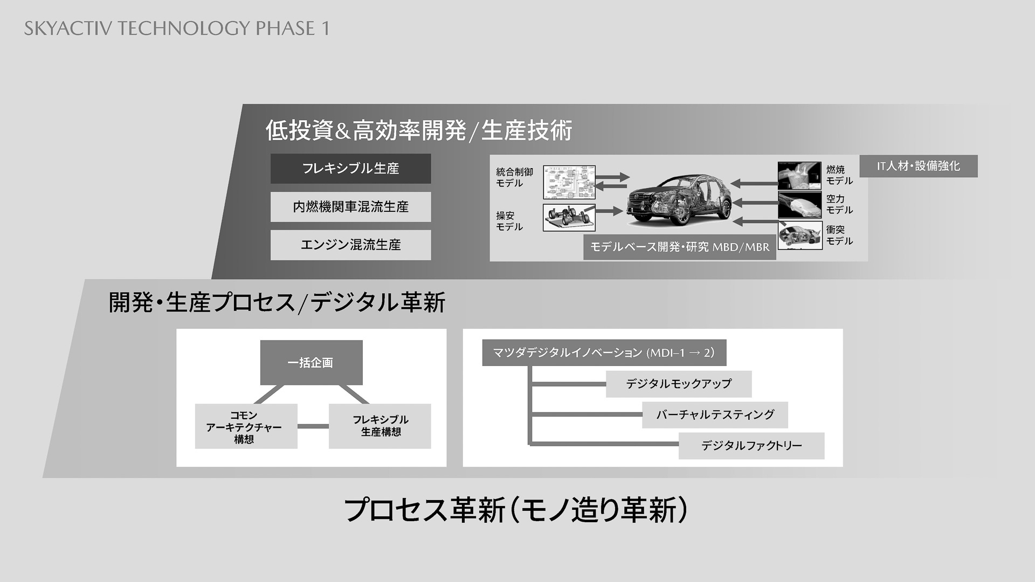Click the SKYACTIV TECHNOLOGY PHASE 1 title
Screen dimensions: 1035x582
(x=176, y=28)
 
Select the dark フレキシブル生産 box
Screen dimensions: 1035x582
(x=350, y=169)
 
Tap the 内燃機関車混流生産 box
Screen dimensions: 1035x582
(x=350, y=207)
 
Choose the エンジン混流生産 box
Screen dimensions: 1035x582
(x=350, y=245)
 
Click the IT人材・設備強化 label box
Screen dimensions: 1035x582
(x=918, y=166)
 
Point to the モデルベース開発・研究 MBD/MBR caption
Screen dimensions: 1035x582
(x=679, y=247)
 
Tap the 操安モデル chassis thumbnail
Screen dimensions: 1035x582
(x=569, y=218)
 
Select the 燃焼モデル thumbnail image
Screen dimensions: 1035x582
(x=799, y=176)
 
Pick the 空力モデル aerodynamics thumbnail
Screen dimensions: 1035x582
(x=799, y=205)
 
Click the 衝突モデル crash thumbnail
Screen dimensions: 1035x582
(x=799, y=235)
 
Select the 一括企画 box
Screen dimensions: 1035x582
(x=311, y=363)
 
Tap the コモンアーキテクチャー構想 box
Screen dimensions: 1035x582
(x=246, y=426)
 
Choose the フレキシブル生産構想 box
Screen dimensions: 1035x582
(x=379, y=426)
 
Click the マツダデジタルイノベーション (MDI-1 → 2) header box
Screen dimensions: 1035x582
(x=604, y=353)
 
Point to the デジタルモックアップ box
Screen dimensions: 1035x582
(x=678, y=384)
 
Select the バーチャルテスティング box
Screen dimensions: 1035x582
(x=715, y=415)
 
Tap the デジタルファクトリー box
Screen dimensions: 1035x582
(x=751, y=446)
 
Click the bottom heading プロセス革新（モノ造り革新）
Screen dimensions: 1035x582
(x=515, y=510)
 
